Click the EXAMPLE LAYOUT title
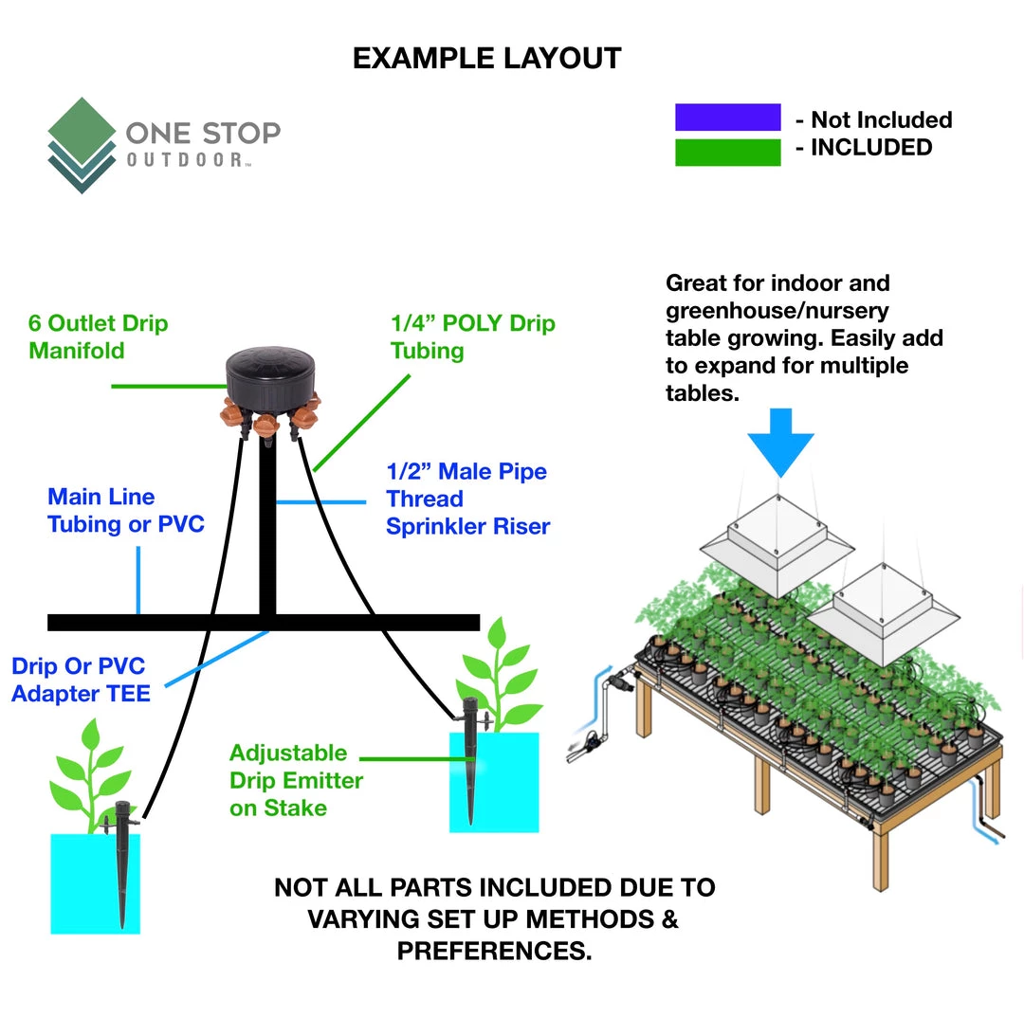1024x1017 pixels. point(486,59)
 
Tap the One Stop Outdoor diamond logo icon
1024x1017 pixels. point(82,145)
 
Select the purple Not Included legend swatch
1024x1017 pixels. point(727,118)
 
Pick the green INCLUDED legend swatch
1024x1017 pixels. point(727,152)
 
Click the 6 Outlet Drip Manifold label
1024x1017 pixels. point(98,336)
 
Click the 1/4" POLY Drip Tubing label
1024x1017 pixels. point(472,336)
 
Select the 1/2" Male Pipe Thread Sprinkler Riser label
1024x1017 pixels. point(466,499)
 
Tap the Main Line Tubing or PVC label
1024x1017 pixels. point(125,510)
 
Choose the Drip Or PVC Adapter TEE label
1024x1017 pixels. point(81,680)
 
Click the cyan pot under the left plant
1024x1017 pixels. point(94,882)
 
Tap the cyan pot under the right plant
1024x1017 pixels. point(494,783)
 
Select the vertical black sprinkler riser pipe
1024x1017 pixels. point(267,531)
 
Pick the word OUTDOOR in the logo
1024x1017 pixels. point(184,160)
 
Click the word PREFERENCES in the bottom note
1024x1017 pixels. point(494,951)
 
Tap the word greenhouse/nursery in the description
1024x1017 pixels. point(777,310)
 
